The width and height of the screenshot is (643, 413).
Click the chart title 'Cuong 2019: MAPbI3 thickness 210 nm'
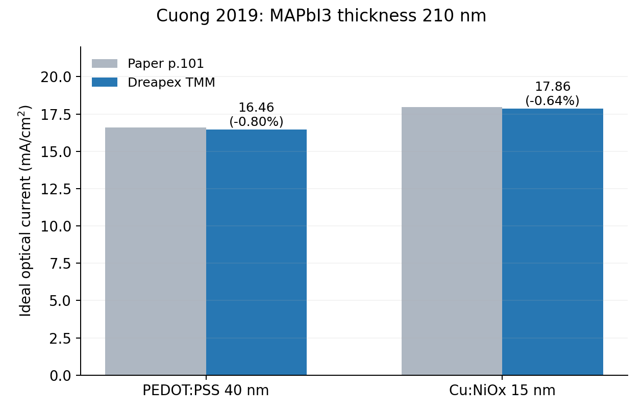pyautogui.click(x=321, y=15)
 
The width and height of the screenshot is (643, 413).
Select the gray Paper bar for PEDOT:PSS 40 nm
pyautogui.click(x=156, y=251)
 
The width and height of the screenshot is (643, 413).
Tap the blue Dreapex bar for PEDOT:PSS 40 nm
pyautogui.click(x=256, y=252)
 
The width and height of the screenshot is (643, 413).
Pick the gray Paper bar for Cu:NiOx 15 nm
pyautogui.click(x=452, y=241)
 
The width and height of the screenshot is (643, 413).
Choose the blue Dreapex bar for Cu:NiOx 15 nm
pyautogui.click(x=553, y=242)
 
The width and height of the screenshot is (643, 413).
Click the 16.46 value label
pyautogui.click(x=256, y=108)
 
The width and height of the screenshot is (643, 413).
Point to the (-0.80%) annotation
pyautogui.click(x=256, y=121)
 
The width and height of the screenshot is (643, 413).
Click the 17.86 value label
pyautogui.click(x=553, y=87)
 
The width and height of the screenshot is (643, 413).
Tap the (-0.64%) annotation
pyautogui.click(x=553, y=100)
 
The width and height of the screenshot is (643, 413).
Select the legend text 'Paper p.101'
pyautogui.click(x=166, y=64)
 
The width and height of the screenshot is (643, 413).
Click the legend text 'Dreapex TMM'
pyautogui.click(x=171, y=83)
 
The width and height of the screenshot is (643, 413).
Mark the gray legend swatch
pyautogui.click(x=105, y=63)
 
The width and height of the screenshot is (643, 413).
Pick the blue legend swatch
pyautogui.click(x=105, y=82)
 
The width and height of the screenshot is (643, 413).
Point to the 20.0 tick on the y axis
pyautogui.click(x=56, y=77)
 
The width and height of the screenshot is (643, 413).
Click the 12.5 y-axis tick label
pyautogui.click(x=56, y=189)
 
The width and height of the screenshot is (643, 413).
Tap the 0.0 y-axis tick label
pyautogui.click(x=60, y=376)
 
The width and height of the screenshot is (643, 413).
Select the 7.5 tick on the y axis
pyautogui.click(x=60, y=264)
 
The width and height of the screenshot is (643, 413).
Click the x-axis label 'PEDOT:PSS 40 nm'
pyautogui.click(x=206, y=391)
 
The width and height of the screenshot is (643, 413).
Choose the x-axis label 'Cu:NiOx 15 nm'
pyautogui.click(x=502, y=391)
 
